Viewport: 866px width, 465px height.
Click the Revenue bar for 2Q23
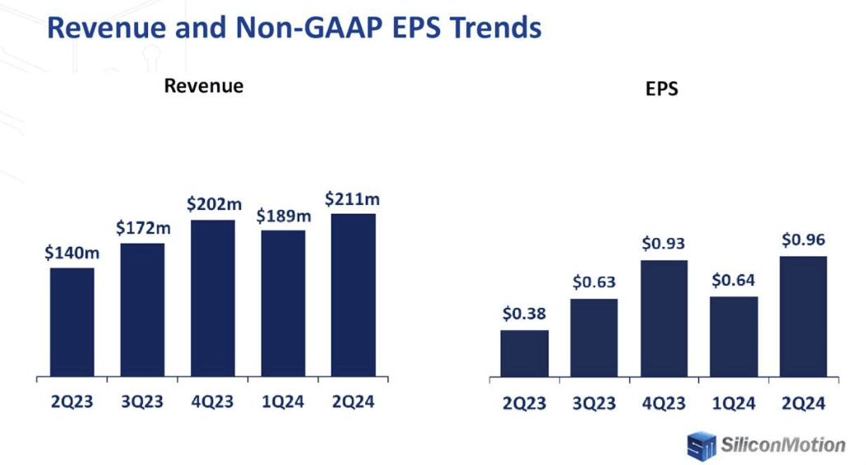(72, 322)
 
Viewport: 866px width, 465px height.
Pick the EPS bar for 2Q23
(524, 353)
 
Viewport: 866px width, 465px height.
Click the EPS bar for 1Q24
(734, 337)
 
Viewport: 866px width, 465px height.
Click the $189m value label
(283, 216)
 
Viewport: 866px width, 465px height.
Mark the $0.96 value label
(803, 240)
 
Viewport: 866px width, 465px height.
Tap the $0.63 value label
(594, 282)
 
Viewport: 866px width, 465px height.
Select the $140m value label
(72, 253)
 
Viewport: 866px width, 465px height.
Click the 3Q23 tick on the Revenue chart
(142, 402)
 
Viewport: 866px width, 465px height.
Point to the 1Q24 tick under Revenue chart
(283, 402)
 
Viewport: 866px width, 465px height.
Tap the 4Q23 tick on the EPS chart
(664, 403)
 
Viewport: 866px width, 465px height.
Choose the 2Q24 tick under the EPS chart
(803, 403)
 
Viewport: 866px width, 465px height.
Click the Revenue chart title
(203, 86)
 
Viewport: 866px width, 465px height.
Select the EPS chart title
(662, 90)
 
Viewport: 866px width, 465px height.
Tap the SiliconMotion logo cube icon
(701, 445)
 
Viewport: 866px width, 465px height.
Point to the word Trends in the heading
(493, 27)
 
